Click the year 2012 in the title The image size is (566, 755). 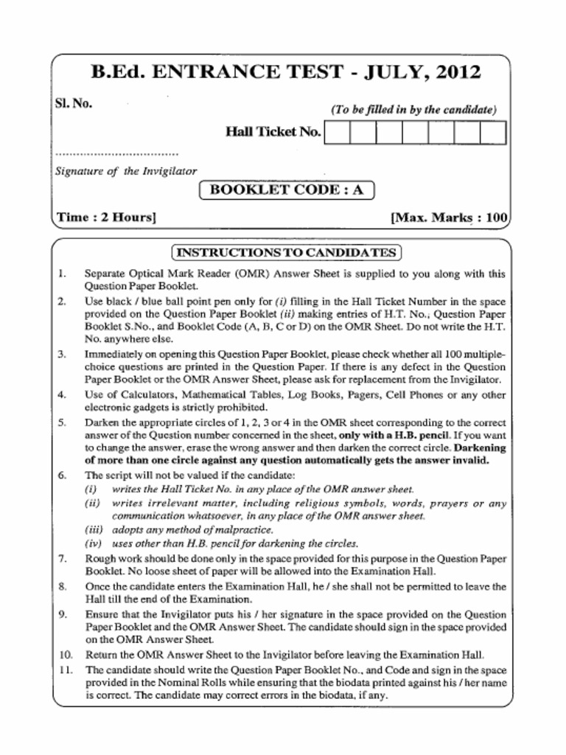coord(457,72)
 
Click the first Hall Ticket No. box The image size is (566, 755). coord(337,132)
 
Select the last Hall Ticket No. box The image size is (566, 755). coord(493,132)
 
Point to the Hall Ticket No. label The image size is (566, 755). coord(273,132)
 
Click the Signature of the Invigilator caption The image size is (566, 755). coord(126,171)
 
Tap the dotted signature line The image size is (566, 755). coord(116,155)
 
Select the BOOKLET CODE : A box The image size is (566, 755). coord(287,189)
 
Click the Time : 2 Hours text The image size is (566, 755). coord(106,218)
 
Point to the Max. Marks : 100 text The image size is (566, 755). coord(449,218)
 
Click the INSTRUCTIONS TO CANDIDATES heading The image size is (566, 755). coord(286,253)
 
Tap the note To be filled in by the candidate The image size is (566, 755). coord(413,110)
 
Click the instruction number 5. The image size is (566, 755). coord(62,423)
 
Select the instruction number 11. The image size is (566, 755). coord(65,670)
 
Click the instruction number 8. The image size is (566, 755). coord(62,587)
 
